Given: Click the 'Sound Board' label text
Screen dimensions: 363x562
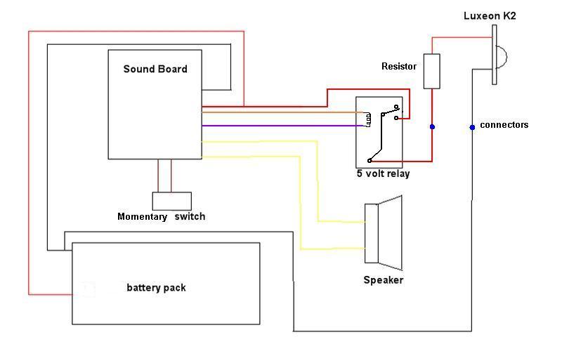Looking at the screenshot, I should [155, 69].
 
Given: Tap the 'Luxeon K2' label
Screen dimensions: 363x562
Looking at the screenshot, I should [490, 15].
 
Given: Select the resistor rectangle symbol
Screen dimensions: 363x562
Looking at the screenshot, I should [431, 71].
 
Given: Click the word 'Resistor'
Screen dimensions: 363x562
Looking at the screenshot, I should [398, 67].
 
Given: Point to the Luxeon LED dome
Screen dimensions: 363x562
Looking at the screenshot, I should [502, 55].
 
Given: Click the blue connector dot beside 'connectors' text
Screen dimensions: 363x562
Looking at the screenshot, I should [472, 127].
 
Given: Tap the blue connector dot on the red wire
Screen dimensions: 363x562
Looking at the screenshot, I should [432, 127].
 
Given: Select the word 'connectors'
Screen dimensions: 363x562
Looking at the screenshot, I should [504, 125].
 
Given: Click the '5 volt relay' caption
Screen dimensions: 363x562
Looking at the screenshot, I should [383, 173].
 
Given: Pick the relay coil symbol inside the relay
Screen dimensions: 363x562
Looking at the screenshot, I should [367, 119].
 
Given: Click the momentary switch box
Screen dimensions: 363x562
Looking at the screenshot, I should [172, 201].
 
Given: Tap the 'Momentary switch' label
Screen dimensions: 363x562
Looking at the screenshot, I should [161, 216].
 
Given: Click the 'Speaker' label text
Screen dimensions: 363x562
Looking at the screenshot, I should [383, 280].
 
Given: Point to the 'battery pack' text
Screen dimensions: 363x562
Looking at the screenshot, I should [156, 287].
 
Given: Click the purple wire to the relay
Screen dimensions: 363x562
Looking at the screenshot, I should [281, 126].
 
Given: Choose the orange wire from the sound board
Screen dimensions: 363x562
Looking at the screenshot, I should [281, 112].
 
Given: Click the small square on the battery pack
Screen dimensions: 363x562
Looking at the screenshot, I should [88, 289].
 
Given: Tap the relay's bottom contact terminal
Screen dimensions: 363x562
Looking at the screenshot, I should [370, 161].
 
